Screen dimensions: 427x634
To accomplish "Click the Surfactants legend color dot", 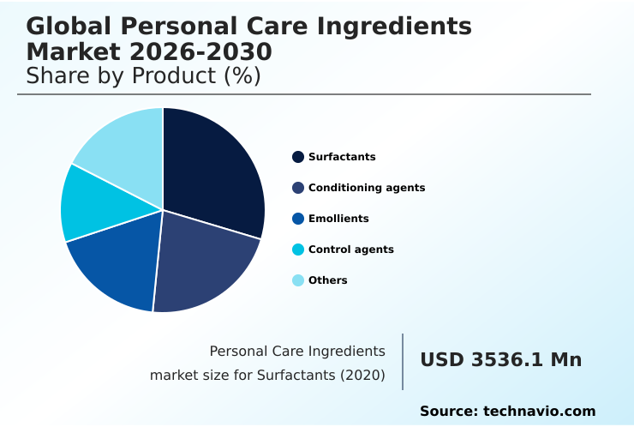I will [x=298, y=157].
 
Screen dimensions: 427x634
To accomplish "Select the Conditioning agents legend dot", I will [x=298, y=188].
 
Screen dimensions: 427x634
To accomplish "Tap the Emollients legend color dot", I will [x=298, y=219].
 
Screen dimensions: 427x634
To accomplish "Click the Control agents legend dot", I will [x=298, y=250].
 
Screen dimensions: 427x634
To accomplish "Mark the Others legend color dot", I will [x=298, y=280].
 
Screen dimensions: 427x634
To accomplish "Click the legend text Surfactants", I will [x=342, y=157].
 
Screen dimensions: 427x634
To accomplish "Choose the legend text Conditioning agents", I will [x=367, y=188].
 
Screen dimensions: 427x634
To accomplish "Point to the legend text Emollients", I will [x=338, y=219].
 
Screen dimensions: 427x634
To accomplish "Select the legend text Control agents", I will [x=351, y=250].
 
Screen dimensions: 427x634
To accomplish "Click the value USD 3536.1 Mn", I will [x=500, y=360].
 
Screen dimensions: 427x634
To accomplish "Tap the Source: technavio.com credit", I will [x=507, y=412].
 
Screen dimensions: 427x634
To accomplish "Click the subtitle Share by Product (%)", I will [x=143, y=75].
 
